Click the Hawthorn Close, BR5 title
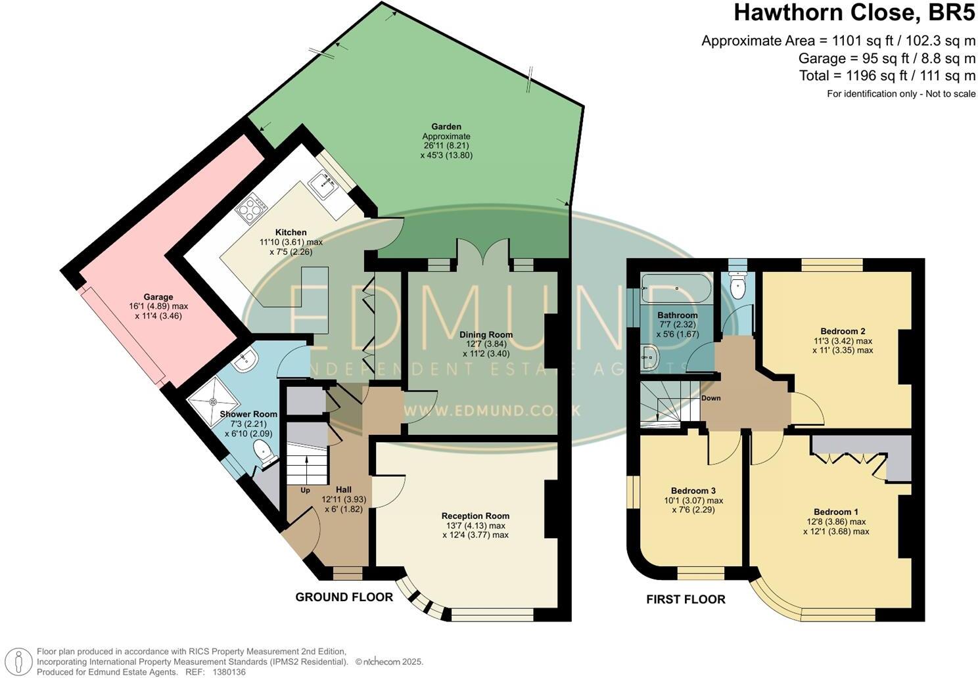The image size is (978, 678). [x=854, y=12]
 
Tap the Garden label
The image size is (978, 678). [x=446, y=126]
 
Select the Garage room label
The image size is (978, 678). [x=158, y=297]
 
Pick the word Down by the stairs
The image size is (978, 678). [x=710, y=398]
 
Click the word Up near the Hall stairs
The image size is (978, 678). [x=305, y=490]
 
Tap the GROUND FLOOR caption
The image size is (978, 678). [x=344, y=597]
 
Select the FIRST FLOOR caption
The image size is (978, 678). [x=686, y=599]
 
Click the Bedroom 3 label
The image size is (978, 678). [x=693, y=491]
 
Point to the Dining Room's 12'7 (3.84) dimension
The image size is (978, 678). [x=486, y=344]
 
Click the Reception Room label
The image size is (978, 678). [x=475, y=516]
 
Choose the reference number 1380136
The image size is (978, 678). [x=227, y=672]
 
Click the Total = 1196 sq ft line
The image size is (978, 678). [x=887, y=76]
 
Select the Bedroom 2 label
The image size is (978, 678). [x=842, y=330]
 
